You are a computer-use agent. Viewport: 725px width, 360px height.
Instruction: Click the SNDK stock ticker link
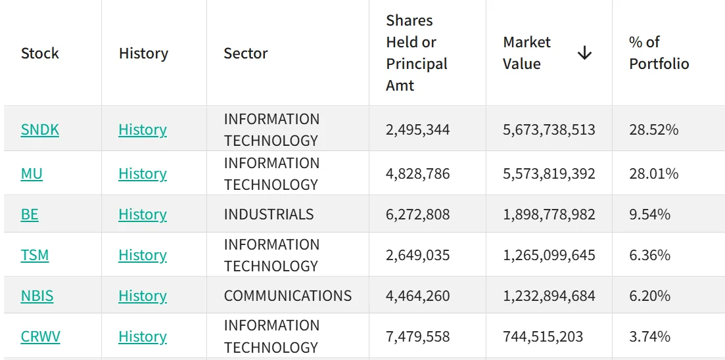pyautogui.click(x=39, y=130)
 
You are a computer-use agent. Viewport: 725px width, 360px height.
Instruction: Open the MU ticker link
pyautogui.click(x=32, y=174)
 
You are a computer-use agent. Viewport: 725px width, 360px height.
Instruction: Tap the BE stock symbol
pyautogui.click(x=30, y=214)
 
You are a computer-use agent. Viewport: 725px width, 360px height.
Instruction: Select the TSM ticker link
pyautogui.click(x=35, y=255)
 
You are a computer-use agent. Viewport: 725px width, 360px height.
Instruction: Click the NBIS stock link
pyautogui.click(x=37, y=296)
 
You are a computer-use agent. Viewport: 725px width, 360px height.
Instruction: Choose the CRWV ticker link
pyautogui.click(x=40, y=336)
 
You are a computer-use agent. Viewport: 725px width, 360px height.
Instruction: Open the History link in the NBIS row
pyautogui.click(x=143, y=296)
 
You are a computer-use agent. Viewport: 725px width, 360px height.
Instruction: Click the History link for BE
pyautogui.click(x=143, y=214)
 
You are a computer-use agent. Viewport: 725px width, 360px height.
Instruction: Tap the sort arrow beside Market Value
pyautogui.click(x=584, y=53)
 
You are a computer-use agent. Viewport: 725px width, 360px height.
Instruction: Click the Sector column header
pyautogui.click(x=246, y=53)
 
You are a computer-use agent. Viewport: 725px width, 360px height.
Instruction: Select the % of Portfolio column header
pyautogui.click(x=659, y=53)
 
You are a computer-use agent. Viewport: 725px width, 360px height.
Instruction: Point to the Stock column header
pyautogui.click(x=39, y=53)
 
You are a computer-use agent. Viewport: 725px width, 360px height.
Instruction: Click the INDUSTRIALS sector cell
pyautogui.click(x=269, y=214)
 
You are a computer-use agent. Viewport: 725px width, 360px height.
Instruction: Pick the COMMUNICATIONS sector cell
pyautogui.click(x=288, y=296)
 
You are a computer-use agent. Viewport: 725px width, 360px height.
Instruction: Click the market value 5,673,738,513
pyautogui.click(x=549, y=130)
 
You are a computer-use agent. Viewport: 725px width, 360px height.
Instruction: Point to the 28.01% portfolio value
pyautogui.click(x=654, y=174)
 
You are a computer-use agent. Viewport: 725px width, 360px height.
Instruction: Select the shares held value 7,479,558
pyautogui.click(x=417, y=337)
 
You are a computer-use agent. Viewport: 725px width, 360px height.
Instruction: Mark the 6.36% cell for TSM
pyautogui.click(x=649, y=255)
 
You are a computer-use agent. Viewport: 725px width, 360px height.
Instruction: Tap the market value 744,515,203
pyautogui.click(x=543, y=337)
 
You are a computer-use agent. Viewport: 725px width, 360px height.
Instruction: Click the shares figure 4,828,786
pyautogui.click(x=417, y=174)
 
